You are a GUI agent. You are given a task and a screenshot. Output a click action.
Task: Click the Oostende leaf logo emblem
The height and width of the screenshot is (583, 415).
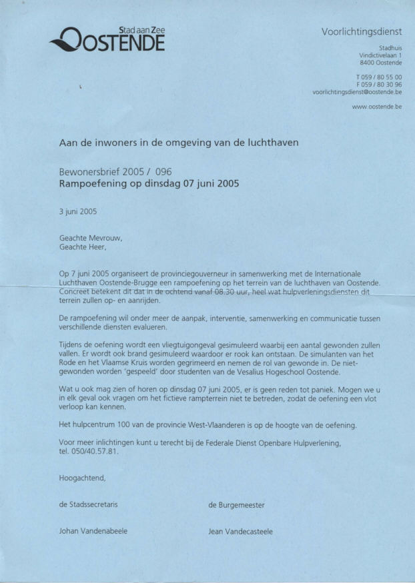pyautogui.click(x=67, y=39)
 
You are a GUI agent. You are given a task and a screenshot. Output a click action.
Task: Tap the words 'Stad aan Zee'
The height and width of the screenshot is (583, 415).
pyautogui.click(x=141, y=30)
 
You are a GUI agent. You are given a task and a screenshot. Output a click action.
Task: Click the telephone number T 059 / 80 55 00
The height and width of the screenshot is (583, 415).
pyautogui.click(x=379, y=77)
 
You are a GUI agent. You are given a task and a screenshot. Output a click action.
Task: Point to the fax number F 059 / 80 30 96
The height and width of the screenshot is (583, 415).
pyautogui.click(x=379, y=85)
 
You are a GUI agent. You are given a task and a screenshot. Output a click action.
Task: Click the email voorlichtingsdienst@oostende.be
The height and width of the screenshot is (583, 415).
pyautogui.click(x=357, y=93)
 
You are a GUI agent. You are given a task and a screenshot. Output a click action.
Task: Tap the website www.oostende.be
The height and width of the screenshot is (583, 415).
pyautogui.click(x=376, y=106)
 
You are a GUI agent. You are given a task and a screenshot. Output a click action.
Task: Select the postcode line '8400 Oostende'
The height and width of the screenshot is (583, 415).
pyautogui.click(x=381, y=62)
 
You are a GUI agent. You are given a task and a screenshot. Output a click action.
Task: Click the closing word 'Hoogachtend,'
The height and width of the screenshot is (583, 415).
pyautogui.click(x=82, y=477)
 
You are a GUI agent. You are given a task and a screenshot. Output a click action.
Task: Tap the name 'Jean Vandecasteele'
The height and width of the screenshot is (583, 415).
pyautogui.click(x=240, y=531)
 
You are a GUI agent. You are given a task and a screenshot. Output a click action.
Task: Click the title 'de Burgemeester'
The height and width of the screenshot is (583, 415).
pyautogui.click(x=236, y=504)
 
